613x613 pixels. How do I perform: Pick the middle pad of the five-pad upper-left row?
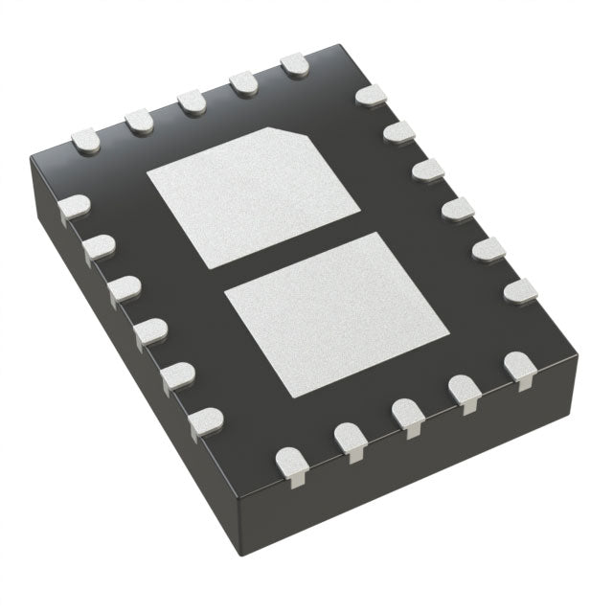pos(193,102)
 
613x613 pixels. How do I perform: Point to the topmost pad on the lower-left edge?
pos(73,208)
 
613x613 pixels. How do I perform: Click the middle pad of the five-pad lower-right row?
pos(406,416)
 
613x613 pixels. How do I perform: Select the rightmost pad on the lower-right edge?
pos(520,368)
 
